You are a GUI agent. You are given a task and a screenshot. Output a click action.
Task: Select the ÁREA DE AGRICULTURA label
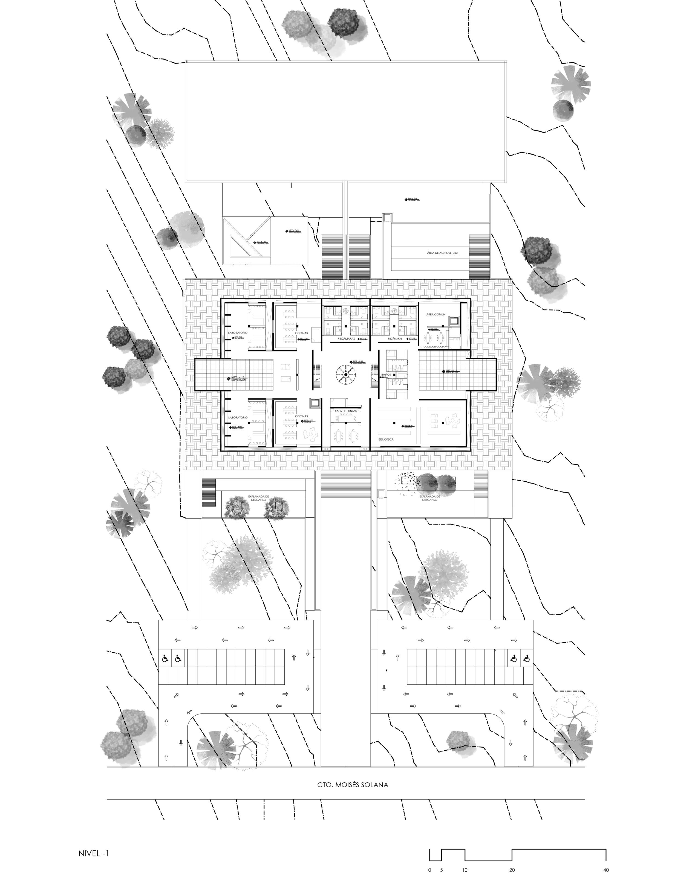(x=442, y=253)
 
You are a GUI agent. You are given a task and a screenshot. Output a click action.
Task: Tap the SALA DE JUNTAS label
(x=346, y=411)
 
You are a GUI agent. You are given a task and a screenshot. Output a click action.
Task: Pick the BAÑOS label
(x=386, y=374)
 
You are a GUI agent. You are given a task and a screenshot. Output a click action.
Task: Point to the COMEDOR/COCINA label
(x=435, y=347)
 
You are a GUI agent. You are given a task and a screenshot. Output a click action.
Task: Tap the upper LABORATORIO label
(x=238, y=333)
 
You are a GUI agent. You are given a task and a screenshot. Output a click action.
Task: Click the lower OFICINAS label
(x=301, y=416)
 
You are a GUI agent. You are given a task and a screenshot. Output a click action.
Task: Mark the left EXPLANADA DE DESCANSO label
(x=258, y=498)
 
